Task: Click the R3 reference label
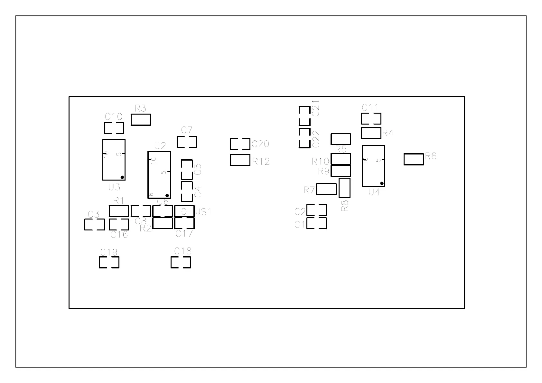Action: click(140, 108)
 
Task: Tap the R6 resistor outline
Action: click(414, 159)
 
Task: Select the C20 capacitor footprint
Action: click(240, 144)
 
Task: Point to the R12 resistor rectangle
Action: click(240, 160)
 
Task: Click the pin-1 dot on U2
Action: click(167, 195)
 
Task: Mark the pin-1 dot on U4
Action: click(382, 183)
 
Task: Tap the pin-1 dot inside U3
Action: click(122, 177)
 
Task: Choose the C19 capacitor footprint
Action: click(109, 262)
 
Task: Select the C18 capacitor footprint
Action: click(181, 262)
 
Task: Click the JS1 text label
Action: click(204, 212)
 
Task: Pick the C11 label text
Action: click(370, 107)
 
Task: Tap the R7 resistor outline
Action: click(326, 189)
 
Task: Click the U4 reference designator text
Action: click(374, 192)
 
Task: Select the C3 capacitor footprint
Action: click(95, 224)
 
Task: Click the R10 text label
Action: click(320, 161)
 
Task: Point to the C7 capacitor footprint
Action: click(187, 142)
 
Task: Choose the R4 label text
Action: click(388, 133)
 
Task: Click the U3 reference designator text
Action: click(114, 187)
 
